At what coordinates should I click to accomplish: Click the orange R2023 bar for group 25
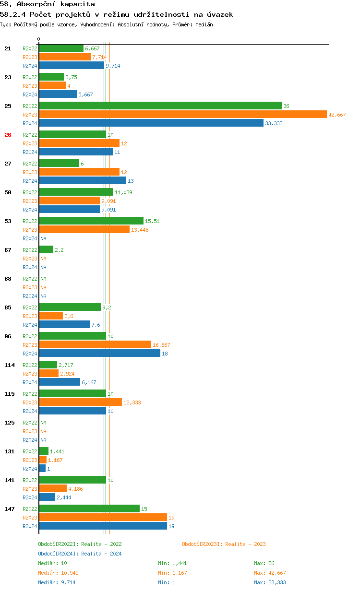(x=182, y=115)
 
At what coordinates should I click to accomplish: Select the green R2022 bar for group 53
(x=91, y=221)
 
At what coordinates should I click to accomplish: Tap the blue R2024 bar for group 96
(x=99, y=354)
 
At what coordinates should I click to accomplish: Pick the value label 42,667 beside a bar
(x=337, y=115)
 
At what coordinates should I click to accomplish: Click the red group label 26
(x=8, y=135)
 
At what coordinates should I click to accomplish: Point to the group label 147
(x=10, y=509)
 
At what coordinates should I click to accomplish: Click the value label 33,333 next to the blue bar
(x=273, y=123)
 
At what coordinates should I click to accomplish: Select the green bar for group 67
(x=46, y=249)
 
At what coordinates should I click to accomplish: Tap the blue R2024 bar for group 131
(x=42, y=469)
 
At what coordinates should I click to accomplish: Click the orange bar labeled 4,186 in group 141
(x=53, y=489)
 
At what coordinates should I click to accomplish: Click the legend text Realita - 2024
(x=101, y=554)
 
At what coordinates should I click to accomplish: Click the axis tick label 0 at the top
(x=39, y=39)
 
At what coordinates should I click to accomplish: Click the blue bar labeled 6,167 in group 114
(x=60, y=382)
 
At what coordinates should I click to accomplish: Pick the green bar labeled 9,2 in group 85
(x=70, y=307)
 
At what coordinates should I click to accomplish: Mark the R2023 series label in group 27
(x=30, y=172)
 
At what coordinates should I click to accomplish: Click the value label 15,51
(x=152, y=221)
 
